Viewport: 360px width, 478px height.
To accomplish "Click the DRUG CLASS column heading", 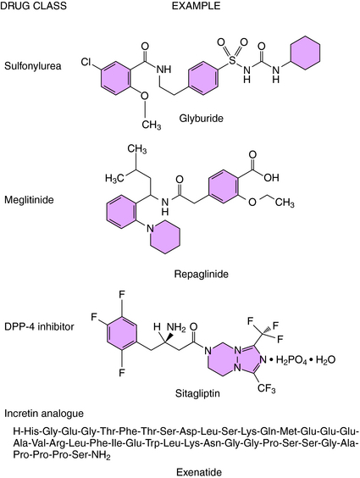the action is click(33, 5).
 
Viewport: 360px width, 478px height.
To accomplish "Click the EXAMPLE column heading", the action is click(196, 5).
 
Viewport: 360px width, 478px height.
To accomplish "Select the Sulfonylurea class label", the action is click(32, 66).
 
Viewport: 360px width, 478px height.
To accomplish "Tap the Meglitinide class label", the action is click(29, 200).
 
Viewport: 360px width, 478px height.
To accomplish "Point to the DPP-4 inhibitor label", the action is click(39, 327).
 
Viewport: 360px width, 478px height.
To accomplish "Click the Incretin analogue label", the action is click(44, 414).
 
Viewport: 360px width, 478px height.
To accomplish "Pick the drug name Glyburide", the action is click(201, 118).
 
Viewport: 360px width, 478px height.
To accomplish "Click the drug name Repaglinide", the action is click(202, 274).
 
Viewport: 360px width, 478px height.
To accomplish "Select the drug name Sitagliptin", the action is click(197, 393).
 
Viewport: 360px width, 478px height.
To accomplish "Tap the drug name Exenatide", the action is click(199, 473).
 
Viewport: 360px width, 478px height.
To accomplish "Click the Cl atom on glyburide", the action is click(86, 62).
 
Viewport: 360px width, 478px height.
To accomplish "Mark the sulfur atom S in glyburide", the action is click(232, 60).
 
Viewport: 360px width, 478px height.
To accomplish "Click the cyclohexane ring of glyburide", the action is click(305, 53).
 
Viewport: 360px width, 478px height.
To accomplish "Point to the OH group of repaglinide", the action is click(271, 177).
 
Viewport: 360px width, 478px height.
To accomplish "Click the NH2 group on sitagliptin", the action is click(176, 327).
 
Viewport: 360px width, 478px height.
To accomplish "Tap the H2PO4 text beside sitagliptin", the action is click(291, 360).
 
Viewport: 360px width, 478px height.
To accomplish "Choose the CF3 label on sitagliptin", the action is click(267, 389).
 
